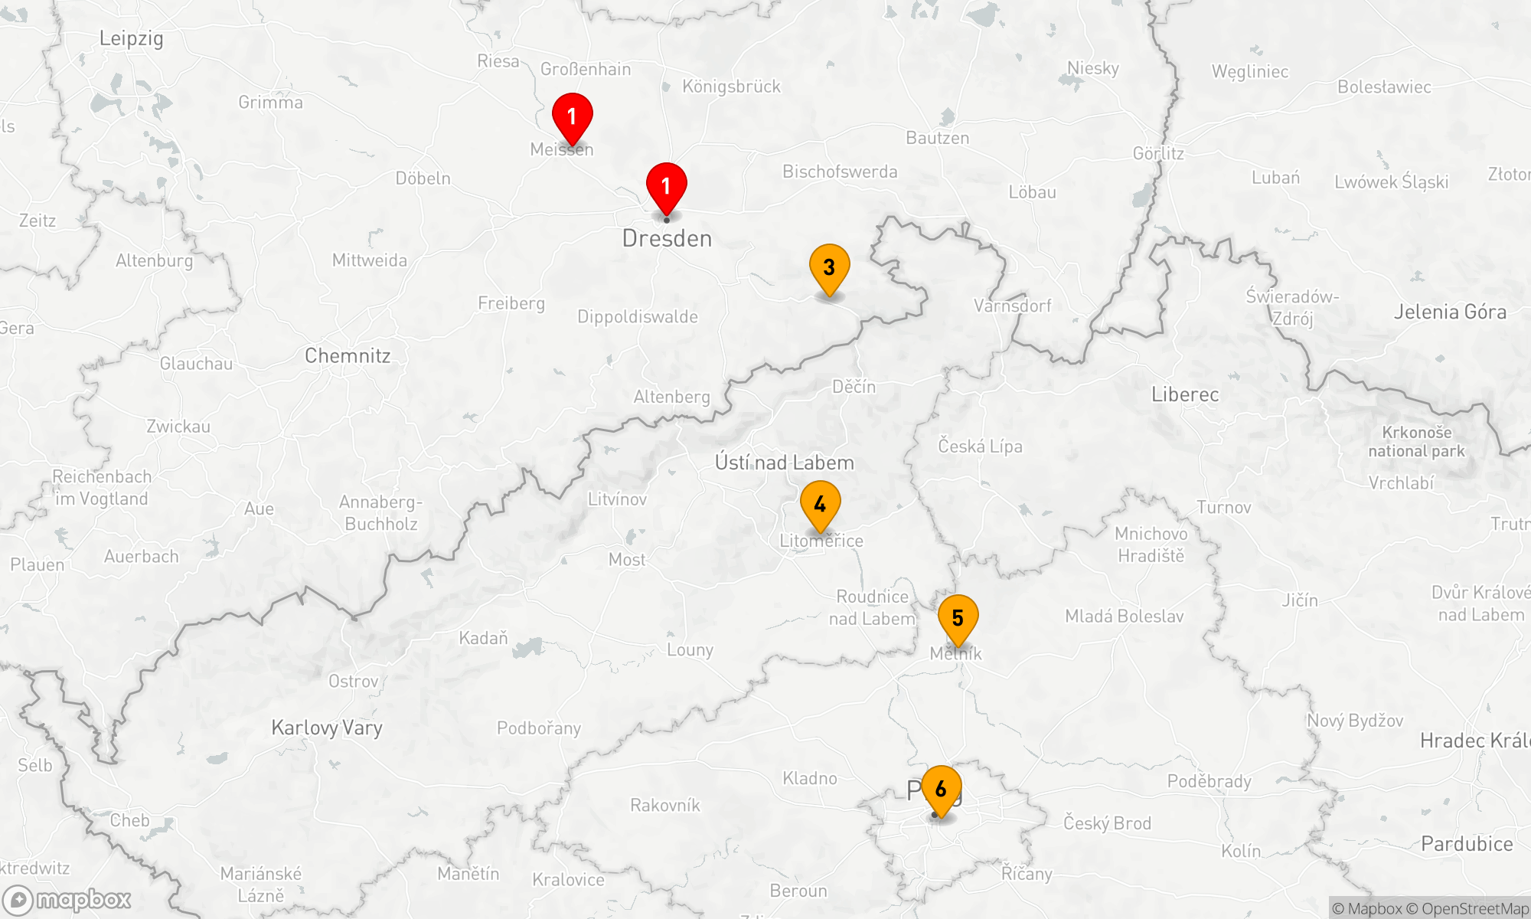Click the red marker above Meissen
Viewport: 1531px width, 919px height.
[572, 117]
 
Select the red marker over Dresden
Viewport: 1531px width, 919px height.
[666, 187]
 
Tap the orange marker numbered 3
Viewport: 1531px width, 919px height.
[829, 268]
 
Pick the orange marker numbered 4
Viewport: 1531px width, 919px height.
[820, 505]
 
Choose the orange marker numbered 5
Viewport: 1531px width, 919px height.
[958, 619]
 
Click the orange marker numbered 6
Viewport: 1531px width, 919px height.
[941, 790]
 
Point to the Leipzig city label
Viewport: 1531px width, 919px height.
[131, 38]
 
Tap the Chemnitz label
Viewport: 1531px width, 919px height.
[348, 356]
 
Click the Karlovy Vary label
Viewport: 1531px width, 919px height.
[327, 728]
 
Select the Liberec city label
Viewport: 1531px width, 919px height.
[1185, 395]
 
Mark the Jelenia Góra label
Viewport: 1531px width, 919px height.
[1450, 312]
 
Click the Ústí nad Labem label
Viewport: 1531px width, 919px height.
[784, 463]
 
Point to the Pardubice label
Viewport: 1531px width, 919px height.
[1467, 844]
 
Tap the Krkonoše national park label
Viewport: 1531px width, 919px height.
[1416, 442]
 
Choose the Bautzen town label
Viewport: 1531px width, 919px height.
[937, 138]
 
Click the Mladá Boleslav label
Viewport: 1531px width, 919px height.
[1124, 616]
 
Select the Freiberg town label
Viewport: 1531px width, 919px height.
[511, 303]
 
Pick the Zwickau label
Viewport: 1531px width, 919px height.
[178, 427]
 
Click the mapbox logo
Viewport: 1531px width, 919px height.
[67, 899]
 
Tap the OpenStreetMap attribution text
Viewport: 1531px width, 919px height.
[1474, 909]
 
